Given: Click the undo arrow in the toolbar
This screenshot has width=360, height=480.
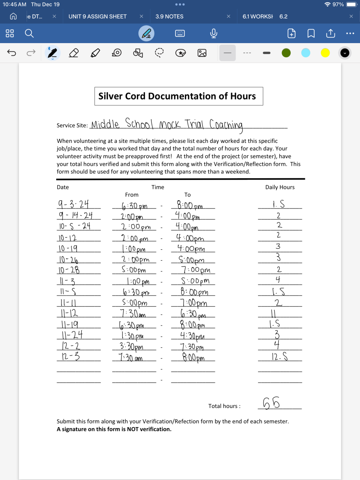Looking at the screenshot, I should point(12,53).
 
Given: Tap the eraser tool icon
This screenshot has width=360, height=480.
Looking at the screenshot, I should point(74,53).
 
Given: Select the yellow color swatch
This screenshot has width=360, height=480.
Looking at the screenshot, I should point(325,53).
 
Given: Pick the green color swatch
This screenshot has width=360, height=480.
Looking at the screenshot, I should point(286,53).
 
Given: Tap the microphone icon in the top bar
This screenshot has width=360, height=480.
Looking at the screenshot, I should point(214,33).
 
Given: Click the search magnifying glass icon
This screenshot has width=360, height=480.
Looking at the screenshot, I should point(29,33).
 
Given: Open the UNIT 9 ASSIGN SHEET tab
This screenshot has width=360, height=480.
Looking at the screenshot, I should point(97,16).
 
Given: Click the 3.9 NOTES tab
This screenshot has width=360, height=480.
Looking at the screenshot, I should point(169,16).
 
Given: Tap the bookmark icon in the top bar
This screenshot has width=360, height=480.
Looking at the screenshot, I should point(311,33).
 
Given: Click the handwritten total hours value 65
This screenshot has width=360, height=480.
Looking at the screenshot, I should point(271,403).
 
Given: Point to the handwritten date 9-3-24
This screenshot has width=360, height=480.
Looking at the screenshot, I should point(73,204).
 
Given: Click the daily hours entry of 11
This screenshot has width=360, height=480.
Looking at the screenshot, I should point(273,313).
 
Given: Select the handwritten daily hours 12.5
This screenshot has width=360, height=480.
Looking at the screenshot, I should point(280,356).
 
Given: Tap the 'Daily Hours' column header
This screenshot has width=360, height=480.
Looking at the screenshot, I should point(280,187).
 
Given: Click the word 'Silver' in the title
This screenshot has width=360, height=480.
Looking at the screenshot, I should point(111,96).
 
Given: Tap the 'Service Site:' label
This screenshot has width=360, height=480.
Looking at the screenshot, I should point(72,125).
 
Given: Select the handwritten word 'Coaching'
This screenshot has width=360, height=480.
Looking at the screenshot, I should point(226,124).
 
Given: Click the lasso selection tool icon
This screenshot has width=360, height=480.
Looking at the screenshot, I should point(159,53).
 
